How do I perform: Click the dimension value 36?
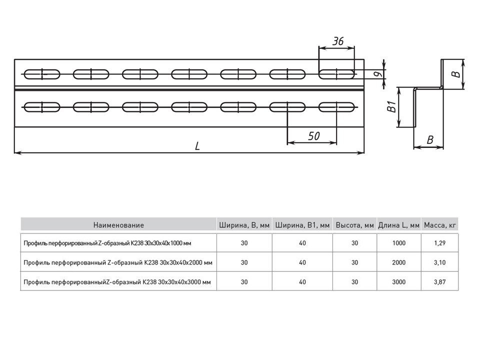tap(338, 41)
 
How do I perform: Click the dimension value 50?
tap(313, 135)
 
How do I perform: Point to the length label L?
tap(197, 146)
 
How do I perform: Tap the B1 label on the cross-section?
tap(392, 107)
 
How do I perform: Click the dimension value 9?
tap(379, 74)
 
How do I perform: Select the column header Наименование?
tap(118, 225)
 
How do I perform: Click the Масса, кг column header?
tap(440, 225)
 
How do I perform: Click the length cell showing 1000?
tap(399, 243)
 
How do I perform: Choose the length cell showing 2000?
tap(399, 262)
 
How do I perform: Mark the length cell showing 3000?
tap(399, 282)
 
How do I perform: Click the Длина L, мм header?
tap(399, 225)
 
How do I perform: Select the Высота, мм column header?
tap(355, 225)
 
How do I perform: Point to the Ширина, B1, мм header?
tap(302, 225)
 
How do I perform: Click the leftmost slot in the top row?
tap(42, 74)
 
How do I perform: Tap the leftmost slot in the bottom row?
tap(42, 106)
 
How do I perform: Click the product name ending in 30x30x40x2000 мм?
tap(118, 262)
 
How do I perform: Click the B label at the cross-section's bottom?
tap(429, 140)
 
